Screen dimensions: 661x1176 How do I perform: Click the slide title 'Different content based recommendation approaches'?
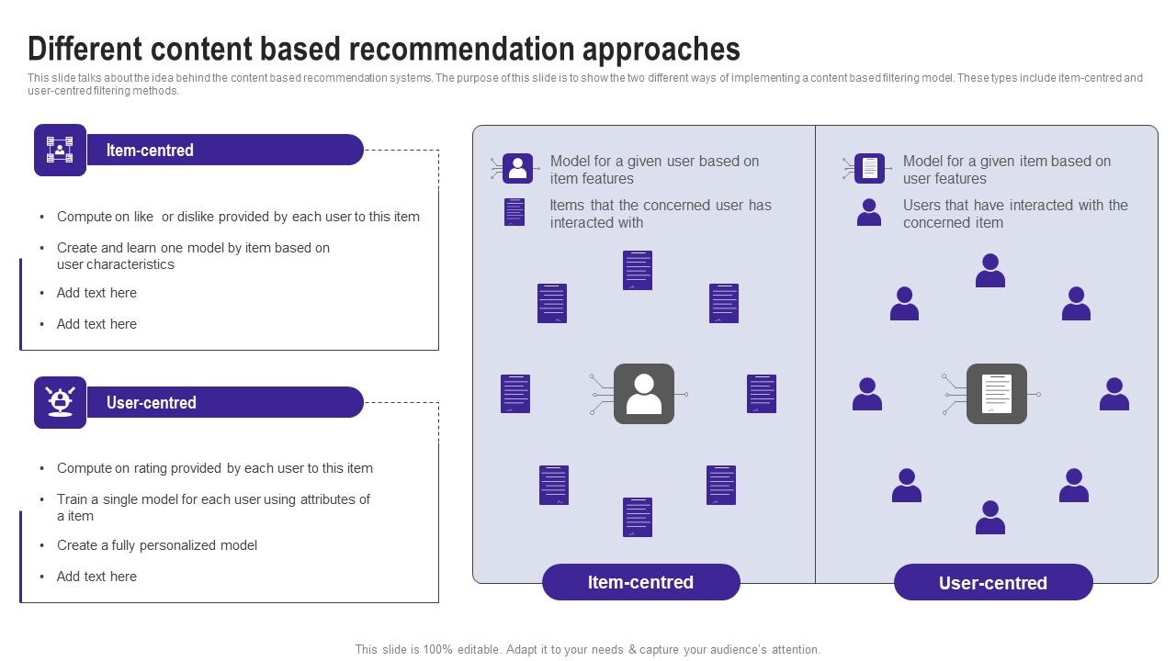[x=384, y=48]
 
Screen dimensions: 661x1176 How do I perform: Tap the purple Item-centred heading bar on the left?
[x=224, y=150]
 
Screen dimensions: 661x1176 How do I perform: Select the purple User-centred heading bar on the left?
[x=224, y=402]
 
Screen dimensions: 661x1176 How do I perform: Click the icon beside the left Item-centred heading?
[x=60, y=150]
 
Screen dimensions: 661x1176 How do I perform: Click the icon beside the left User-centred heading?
[x=60, y=402]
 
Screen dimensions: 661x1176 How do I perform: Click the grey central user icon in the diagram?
[x=643, y=394]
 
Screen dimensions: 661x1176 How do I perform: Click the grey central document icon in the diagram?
[x=996, y=394]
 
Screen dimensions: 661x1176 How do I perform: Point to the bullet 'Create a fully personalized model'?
[x=157, y=545]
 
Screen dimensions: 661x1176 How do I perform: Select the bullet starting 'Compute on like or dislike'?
[x=238, y=217]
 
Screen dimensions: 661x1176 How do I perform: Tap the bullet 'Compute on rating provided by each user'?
[x=215, y=468]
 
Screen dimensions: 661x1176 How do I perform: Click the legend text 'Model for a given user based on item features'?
[x=654, y=170]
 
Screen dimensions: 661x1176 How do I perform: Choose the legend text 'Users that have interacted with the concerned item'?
[x=1015, y=214]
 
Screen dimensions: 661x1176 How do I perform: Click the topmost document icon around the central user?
[x=637, y=270]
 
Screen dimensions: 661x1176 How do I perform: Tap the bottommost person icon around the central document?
[x=989, y=518]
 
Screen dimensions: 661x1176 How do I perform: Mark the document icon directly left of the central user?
[x=515, y=394]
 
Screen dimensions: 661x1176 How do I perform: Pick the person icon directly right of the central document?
[x=1114, y=394]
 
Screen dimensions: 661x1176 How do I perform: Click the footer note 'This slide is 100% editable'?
[x=588, y=649]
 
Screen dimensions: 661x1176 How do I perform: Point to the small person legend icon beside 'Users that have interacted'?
[x=868, y=213]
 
